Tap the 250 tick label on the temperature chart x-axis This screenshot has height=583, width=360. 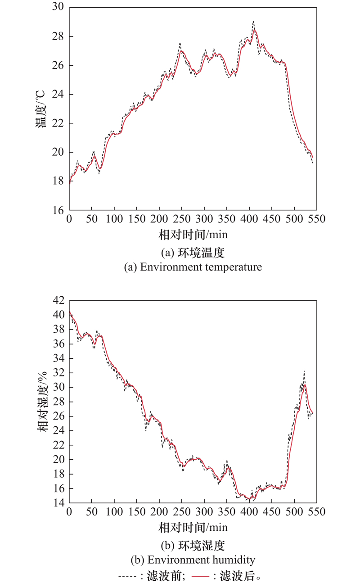click(x=181, y=220)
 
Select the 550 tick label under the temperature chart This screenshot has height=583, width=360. click(x=316, y=220)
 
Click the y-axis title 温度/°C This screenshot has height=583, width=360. click(x=40, y=108)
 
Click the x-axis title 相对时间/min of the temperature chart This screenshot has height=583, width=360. click(x=193, y=235)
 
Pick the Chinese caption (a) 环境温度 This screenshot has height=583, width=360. click(x=193, y=253)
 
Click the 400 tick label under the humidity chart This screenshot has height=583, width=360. click(x=249, y=512)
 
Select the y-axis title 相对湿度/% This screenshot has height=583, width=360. click(x=42, y=401)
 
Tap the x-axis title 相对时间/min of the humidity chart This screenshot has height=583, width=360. click(x=193, y=527)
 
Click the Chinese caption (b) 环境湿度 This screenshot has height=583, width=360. click(x=193, y=546)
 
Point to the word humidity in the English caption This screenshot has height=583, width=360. click(x=234, y=560)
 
